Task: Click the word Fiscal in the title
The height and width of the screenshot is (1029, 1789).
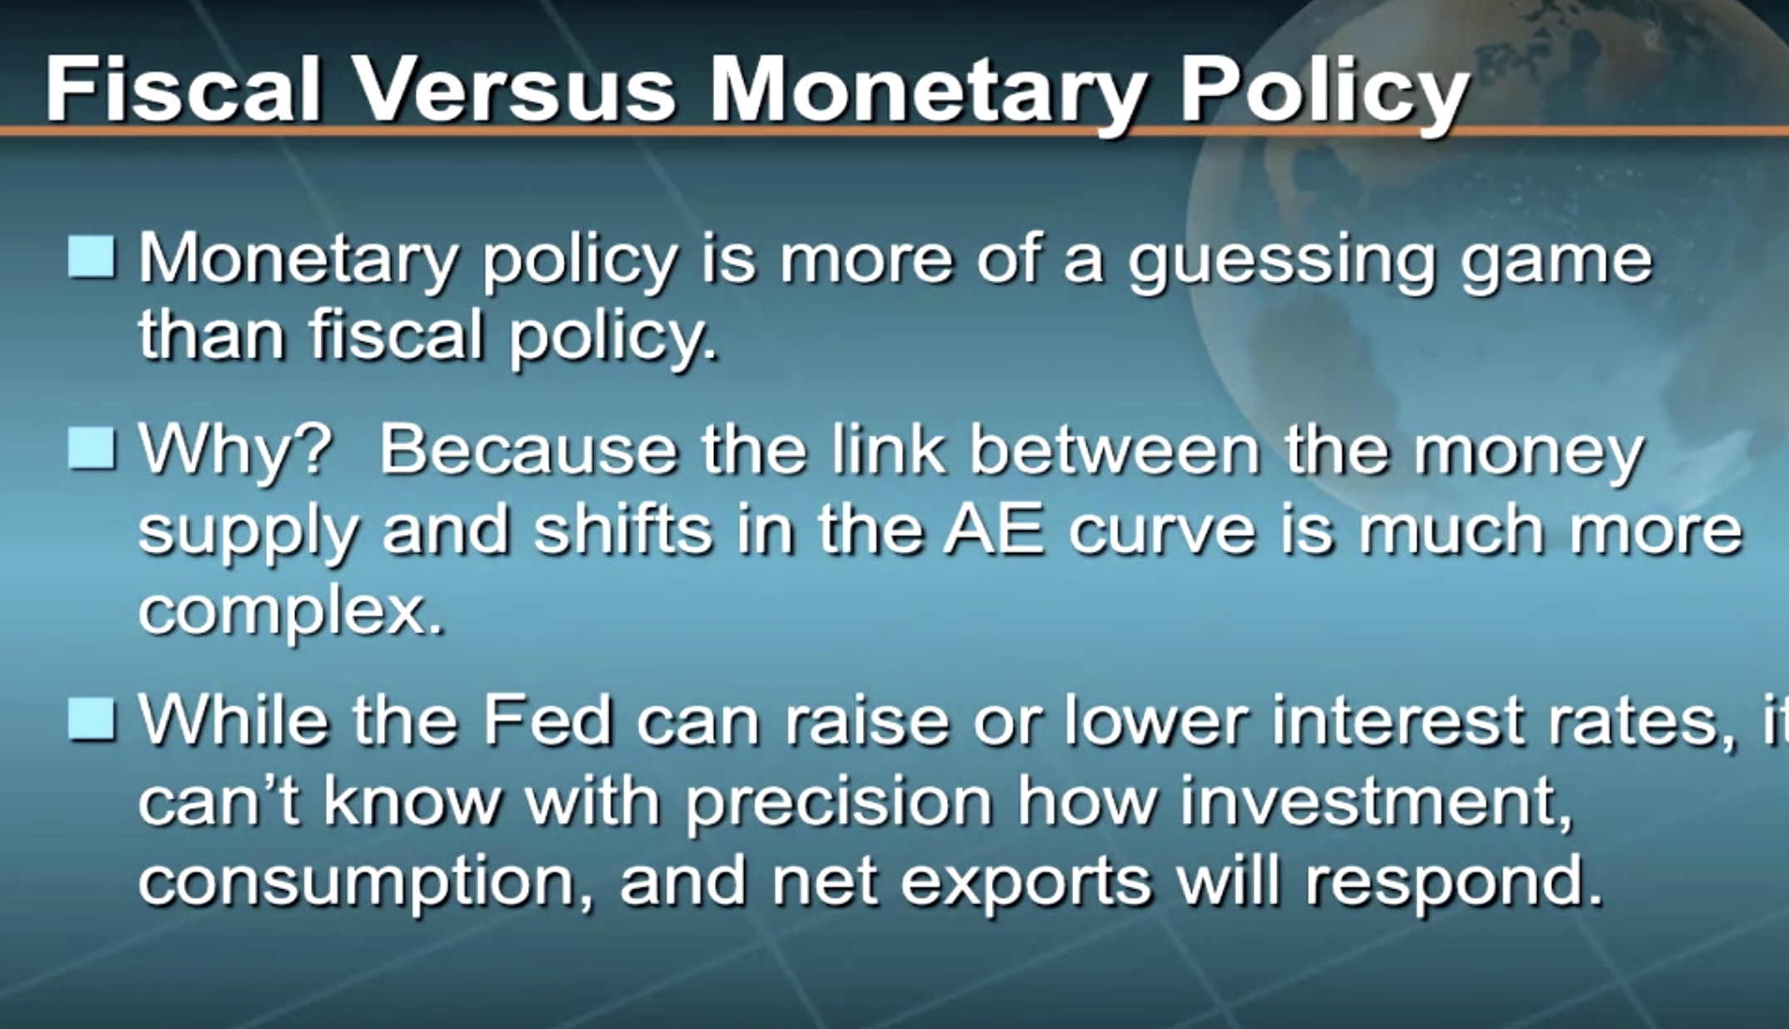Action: pos(183,89)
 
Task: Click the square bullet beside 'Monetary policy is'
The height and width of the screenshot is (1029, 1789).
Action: pos(91,257)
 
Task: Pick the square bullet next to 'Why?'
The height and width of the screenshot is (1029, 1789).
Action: pos(91,449)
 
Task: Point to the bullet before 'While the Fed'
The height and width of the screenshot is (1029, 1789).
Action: pos(91,719)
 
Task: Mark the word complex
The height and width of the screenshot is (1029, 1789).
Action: pos(291,613)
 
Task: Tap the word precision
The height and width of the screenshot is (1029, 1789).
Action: pos(839,804)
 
